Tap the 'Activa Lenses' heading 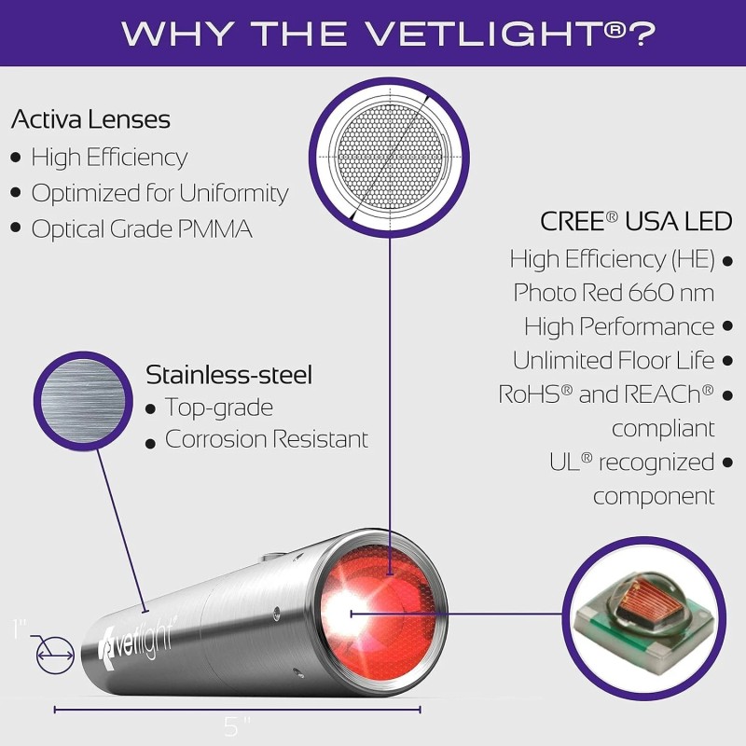[x=90, y=120]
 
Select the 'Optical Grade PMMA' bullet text [x=142, y=229]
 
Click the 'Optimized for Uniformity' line [x=159, y=193]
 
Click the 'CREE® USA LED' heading [x=636, y=222]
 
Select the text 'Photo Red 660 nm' [x=614, y=292]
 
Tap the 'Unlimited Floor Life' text [x=614, y=360]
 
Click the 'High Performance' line [x=619, y=326]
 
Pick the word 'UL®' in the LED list [x=570, y=463]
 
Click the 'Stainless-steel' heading [x=229, y=375]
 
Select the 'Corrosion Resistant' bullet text [x=267, y=439]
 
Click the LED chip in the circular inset [x=642, y=616]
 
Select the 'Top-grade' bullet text [x=219, y=408]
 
